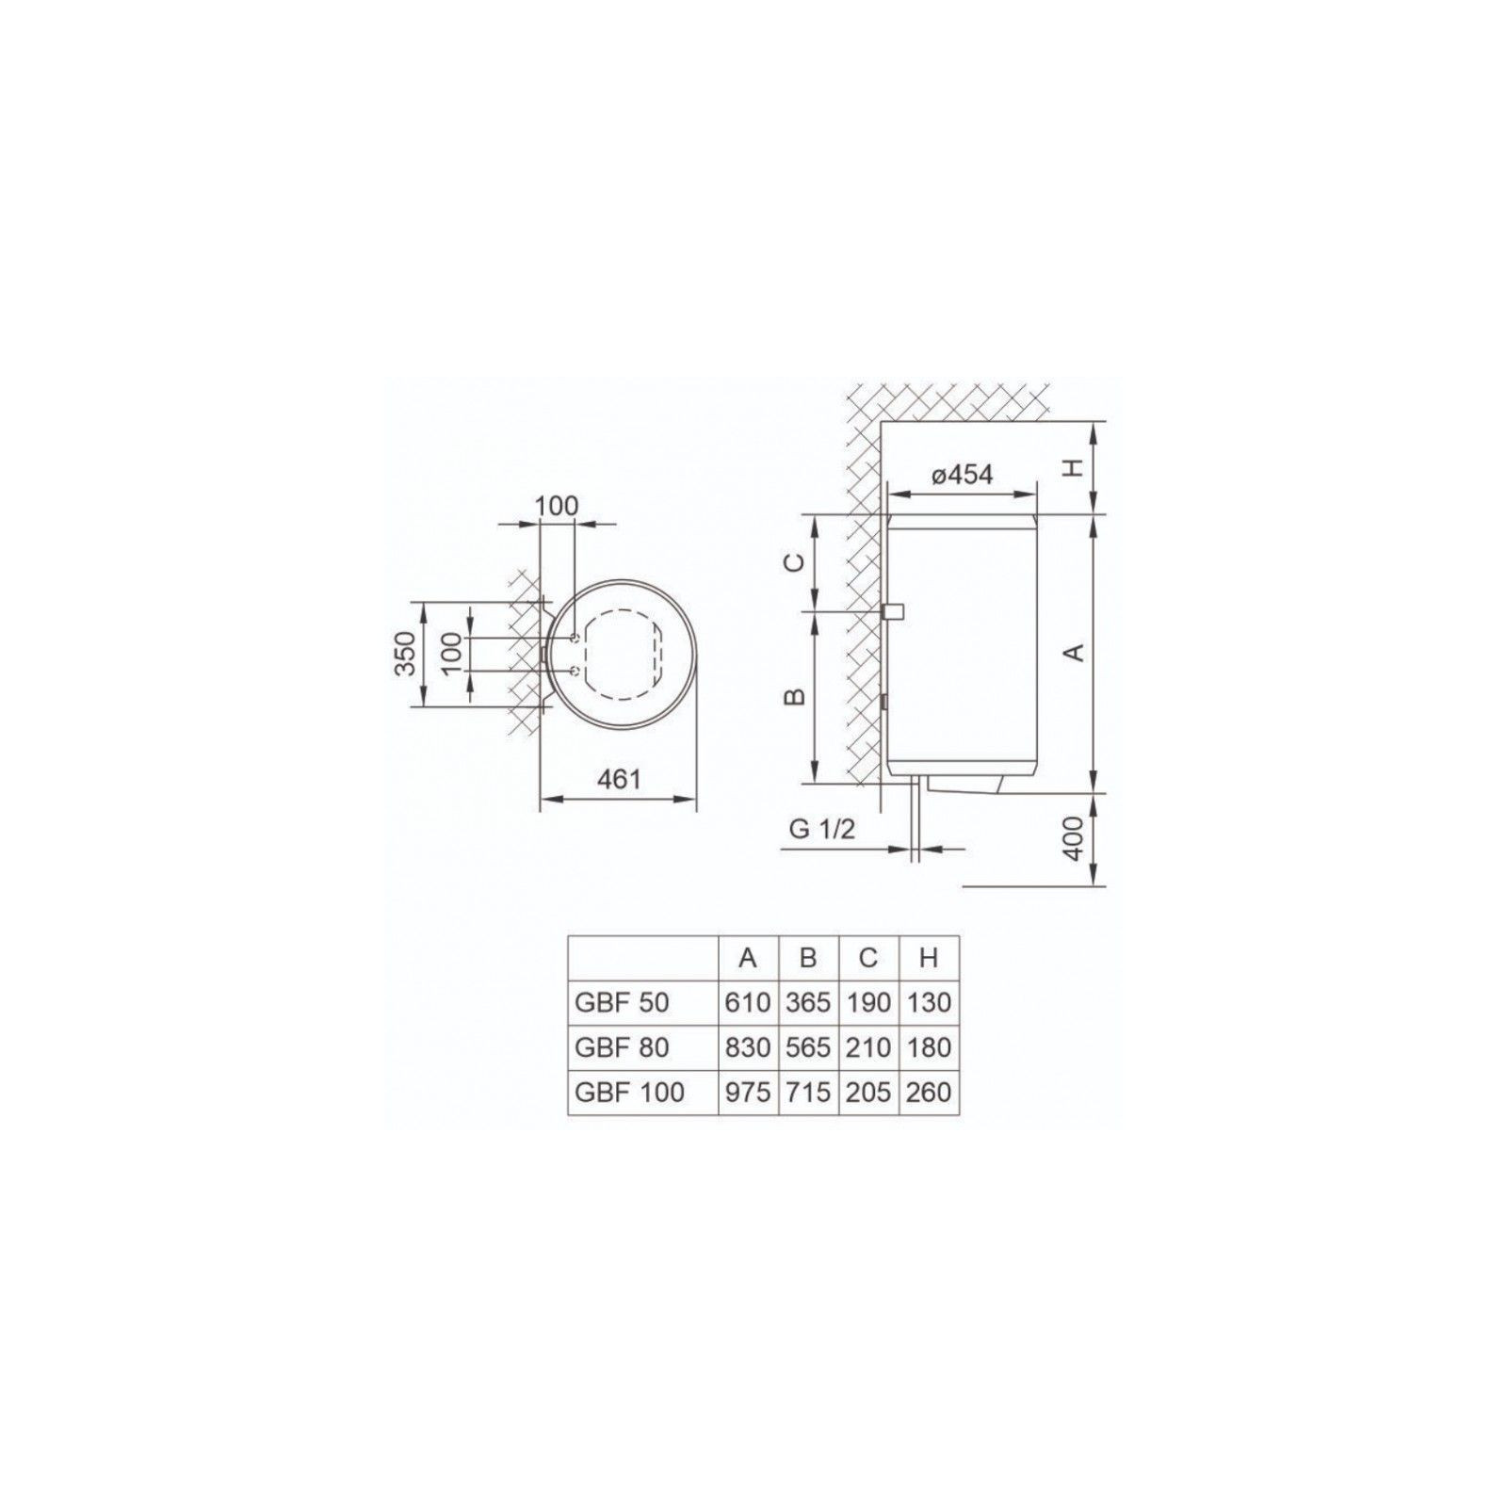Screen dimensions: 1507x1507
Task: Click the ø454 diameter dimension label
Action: tap(962, 475)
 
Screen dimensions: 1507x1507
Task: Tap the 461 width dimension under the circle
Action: tap(618, 780)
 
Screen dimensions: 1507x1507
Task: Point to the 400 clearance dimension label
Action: tap(1076, 838)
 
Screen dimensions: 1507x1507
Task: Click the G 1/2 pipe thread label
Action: tap(821, 830)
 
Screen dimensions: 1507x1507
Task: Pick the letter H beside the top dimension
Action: tap(1076, 468)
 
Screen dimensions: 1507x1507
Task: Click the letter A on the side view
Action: tap(1076, 652)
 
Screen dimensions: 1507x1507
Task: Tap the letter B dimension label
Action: tap(795, 696)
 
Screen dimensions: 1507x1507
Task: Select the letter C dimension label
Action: tap(795, 562)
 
